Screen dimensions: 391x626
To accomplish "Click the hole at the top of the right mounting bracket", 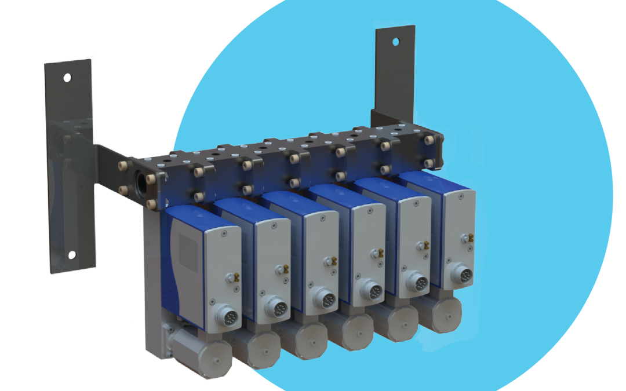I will pos(396,42).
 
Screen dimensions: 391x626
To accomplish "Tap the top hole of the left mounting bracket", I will pos(68,77).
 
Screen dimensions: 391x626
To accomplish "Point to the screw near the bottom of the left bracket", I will pos(72,255).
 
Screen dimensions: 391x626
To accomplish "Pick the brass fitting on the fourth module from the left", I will pos(380,252).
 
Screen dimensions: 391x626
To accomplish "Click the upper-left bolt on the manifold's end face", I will pos(123,166).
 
